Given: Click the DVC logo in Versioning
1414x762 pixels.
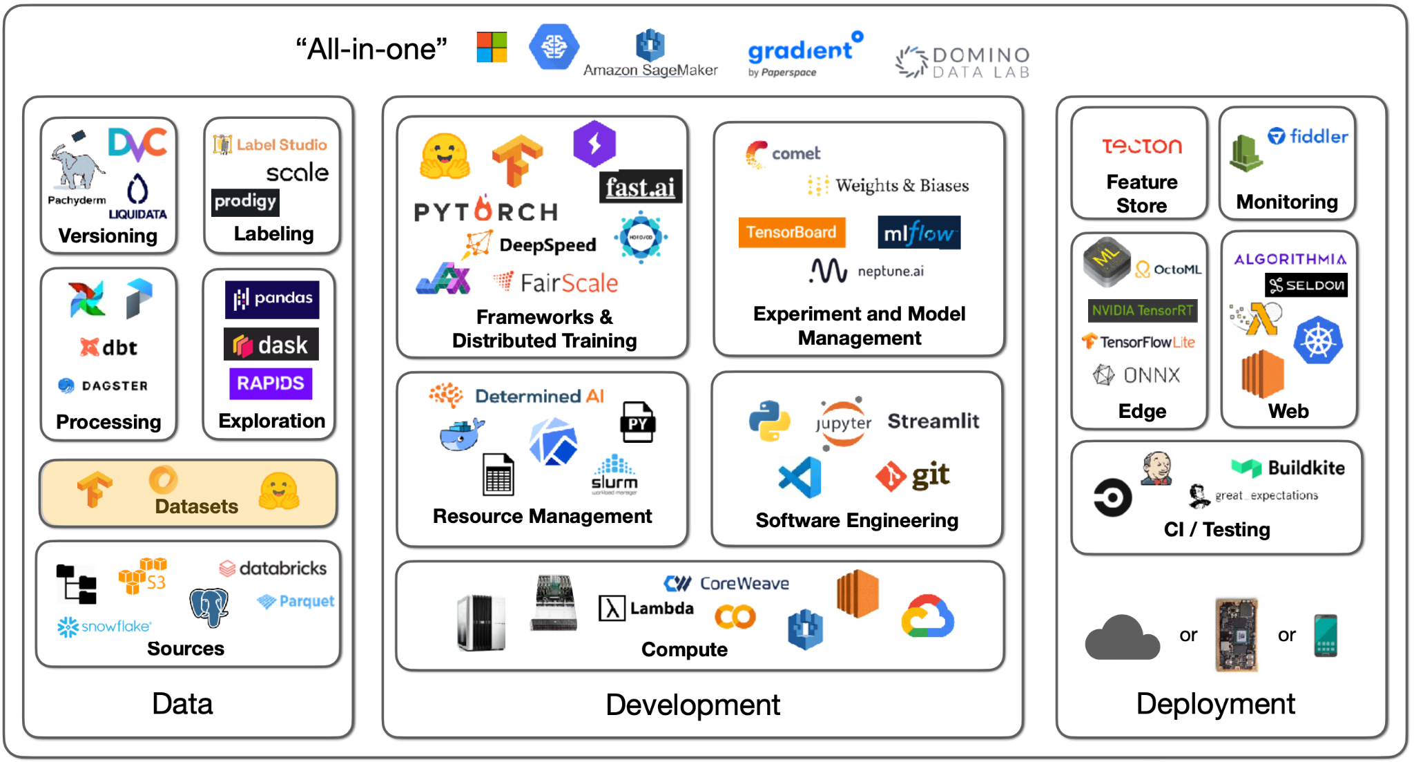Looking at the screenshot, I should pyautogui.click(x=137, y=144).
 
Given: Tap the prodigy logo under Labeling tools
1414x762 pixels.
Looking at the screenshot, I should pyautogui.click(x=245, y=202).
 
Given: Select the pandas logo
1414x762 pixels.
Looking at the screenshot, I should pyautogui.click(x=272, y=299).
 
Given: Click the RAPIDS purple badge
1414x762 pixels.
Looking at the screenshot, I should pyautogui.click(x=271, y=383).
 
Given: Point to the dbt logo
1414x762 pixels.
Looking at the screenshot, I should pyautogui.click(x=109, y=347).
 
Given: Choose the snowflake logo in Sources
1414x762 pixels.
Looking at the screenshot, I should pyautogui.click(x=104, y=627).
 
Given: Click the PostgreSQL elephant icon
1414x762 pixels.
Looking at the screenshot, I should pyautogui.click(x=209, y=607).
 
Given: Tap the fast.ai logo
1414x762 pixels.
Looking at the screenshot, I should pyautogui.click(x=640, y=187).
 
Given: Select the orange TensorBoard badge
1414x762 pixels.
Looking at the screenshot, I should pyautogui.click(x=791, y=232).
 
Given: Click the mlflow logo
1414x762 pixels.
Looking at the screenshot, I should pyautogui.click(x=918, y=233).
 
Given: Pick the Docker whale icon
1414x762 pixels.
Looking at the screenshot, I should pyautogui.click(x=461, y=434).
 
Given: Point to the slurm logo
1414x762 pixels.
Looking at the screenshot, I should pyautogui.click(x=614, y=475).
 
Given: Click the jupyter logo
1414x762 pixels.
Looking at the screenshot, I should pyautogui.click(x=843, y=422).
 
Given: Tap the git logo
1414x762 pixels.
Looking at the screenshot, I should pyautogui.click(x=913, y=476).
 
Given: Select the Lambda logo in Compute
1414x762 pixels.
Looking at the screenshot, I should pyautogui.click(x=646, y=609).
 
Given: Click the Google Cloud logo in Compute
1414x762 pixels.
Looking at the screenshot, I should pyautogui.click(x=927, y=617).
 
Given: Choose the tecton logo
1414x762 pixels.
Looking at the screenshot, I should pyautogui.click(x=1141, y=146).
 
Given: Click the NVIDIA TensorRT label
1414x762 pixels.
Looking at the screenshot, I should pyautogui.click(x=1142, y=311).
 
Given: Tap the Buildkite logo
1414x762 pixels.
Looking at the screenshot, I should pyautogui.click(x=1288, y=468).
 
